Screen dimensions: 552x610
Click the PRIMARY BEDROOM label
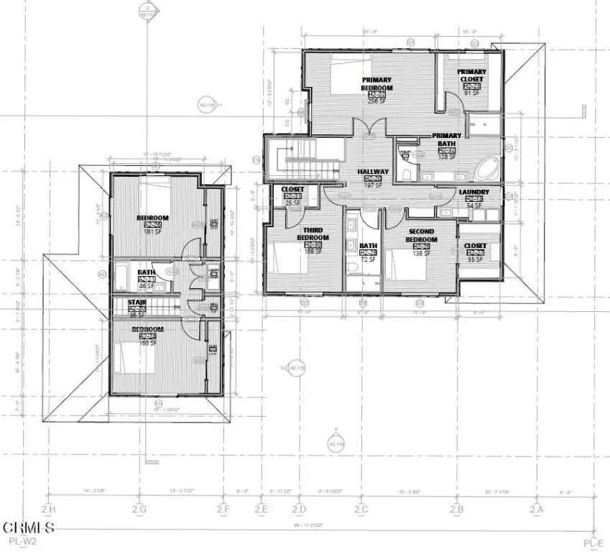click(376, 83)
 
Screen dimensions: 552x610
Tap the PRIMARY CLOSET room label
click(472, 75)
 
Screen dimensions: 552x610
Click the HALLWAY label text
click(372, 172)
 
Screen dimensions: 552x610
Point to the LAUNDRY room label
click(474, 192)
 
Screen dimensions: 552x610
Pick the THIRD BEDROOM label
click(313, 234)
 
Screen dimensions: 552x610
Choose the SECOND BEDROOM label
click(421, 236)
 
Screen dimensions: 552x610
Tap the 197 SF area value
click(372, 185)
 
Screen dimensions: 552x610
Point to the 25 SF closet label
click(292, 203)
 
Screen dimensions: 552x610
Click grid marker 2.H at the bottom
click(48, 510)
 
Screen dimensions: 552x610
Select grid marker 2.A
click(536, 510)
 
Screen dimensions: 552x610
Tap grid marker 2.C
click(361, 510)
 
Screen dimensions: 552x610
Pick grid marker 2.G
click(139, 510)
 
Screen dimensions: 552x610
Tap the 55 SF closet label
click(475, 259)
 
